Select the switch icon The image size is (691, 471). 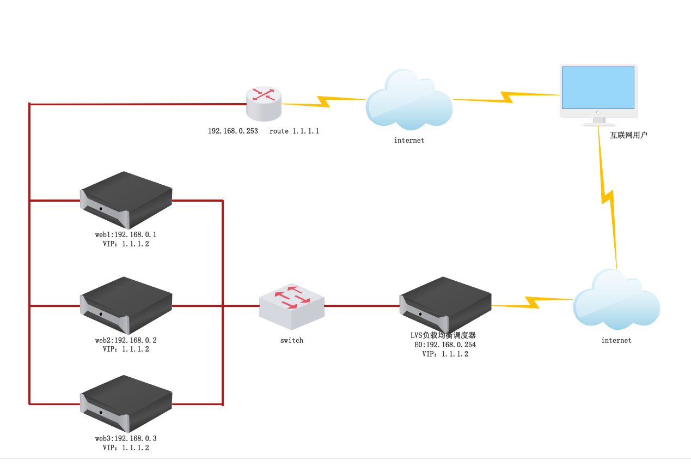point(292,306)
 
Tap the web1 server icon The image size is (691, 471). point(126,200)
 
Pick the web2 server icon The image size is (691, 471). point(126,305)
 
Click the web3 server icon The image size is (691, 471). point(126,404)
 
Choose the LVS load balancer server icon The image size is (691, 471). point(445,305)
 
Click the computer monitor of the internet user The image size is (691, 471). point(598,90)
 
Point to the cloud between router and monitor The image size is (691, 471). point(409,100)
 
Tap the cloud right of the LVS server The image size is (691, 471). point(616,300)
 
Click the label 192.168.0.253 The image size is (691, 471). point(233,131)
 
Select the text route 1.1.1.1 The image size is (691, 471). point(294,131)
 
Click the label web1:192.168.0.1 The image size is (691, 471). point(126,235)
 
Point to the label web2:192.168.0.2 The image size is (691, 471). point(126,341)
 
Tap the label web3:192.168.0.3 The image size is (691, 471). point(126,439)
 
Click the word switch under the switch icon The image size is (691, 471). point(292,341)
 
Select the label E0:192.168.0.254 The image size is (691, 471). point(445,345)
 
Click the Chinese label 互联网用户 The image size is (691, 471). point(628,135)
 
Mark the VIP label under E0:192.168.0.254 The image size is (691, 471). point(445,354)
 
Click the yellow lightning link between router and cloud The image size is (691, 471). point(323,102)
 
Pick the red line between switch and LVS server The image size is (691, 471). point(362,306)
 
